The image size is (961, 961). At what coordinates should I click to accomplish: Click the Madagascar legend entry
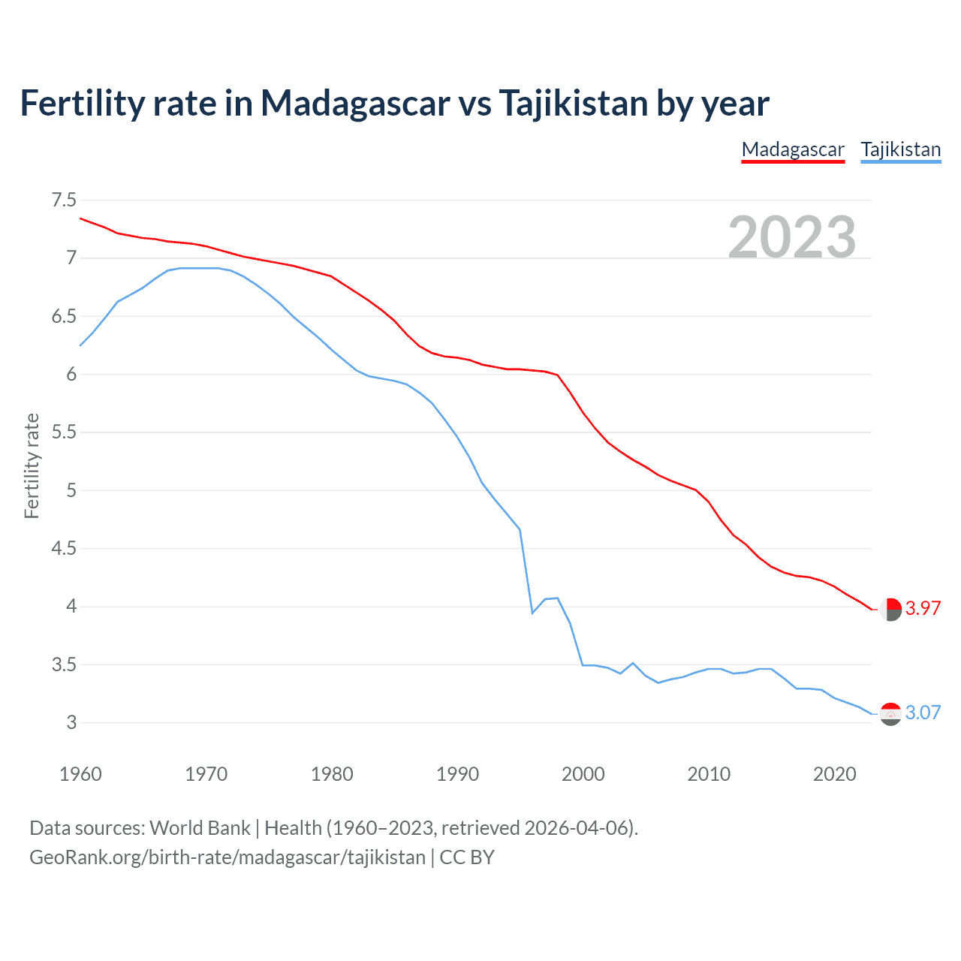coord(793,149)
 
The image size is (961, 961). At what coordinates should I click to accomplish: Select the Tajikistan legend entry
coord(900,149)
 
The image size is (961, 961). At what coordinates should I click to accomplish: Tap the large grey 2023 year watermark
coord(792,237)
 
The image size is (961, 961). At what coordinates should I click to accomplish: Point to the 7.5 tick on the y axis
coord(64,200)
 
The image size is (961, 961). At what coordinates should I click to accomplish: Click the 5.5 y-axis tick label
coord(64,432)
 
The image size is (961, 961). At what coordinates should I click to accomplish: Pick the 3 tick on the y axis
coord(71,723)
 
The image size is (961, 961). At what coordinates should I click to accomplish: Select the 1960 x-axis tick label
coord(80,774)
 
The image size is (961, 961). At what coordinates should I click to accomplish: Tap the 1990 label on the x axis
coord(457,774)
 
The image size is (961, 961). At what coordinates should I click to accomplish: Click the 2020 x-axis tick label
coord(834,774)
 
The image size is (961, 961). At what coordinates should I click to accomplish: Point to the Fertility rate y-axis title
coord(32,465)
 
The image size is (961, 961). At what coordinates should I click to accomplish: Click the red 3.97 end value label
coord(923,609)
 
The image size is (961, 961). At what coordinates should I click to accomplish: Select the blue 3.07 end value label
coord(923,712)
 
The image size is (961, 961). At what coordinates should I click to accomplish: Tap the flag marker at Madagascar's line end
coord(890,610)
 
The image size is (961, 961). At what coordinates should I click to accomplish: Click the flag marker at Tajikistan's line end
coord(890,714)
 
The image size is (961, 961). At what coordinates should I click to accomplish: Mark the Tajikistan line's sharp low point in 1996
coord(532,613)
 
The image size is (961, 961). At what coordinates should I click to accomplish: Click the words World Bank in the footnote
coord(200,828)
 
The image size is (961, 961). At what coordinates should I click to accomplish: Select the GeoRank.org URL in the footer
coord(227,857)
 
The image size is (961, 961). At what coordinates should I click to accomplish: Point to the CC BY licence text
coord(467,857)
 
